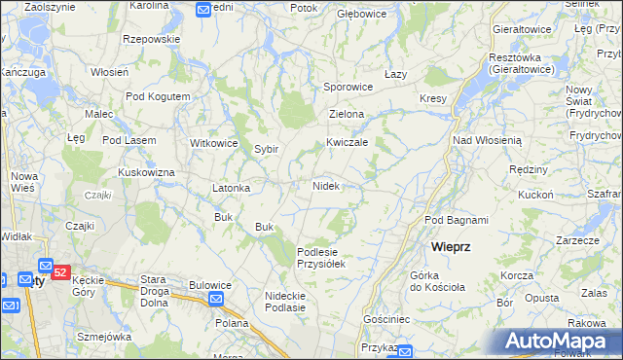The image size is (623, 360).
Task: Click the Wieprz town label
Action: click(x=451, y=247)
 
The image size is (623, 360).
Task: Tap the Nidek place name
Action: click(x=326, y=185)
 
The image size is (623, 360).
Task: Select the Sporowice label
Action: click(x=348, y=87)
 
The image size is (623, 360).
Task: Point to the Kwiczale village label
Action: click(x=347, y=142)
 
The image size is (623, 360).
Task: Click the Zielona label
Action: click(x=347, y=114)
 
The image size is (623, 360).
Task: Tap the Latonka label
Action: click(x=232, y=188)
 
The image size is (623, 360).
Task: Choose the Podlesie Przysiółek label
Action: click(x=321, y=257)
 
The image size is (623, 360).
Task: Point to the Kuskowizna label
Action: click(x=146, y=172)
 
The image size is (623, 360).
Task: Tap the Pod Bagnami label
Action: click(x=456, y=220)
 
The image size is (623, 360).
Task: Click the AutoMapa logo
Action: click(x=563, y=341)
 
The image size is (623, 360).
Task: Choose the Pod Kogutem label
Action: click(x=158, y=96)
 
